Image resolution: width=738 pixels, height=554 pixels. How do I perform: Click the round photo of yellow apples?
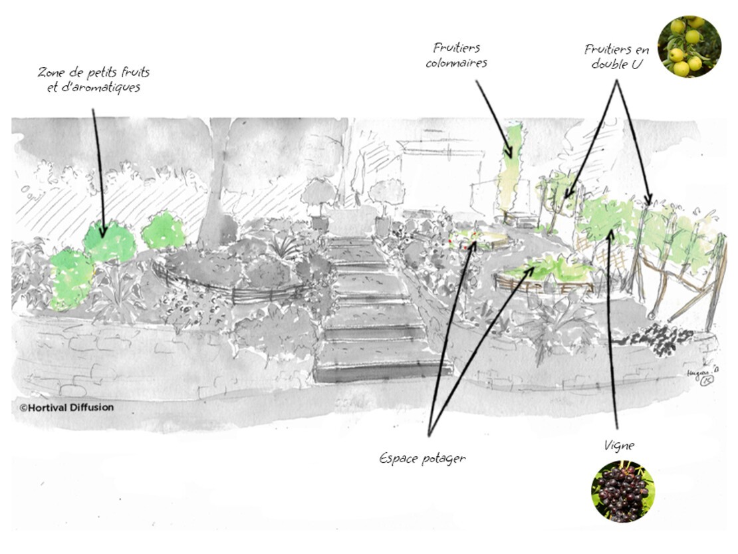[x=689, y=47]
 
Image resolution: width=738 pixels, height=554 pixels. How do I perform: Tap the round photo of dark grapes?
[x=622, y=491]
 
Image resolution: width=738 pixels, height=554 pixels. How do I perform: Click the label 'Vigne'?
[x=618, y=446]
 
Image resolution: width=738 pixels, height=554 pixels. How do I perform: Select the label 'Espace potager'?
[x=422, y=458]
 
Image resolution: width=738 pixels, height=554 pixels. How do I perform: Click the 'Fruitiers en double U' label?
[x=617, y=57]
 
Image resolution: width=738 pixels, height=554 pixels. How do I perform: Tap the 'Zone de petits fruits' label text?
[x=93, y=72]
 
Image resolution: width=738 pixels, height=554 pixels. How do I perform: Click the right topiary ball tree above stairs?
[x=386, y=194]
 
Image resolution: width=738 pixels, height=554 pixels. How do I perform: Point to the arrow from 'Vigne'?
[x=612, y=333]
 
